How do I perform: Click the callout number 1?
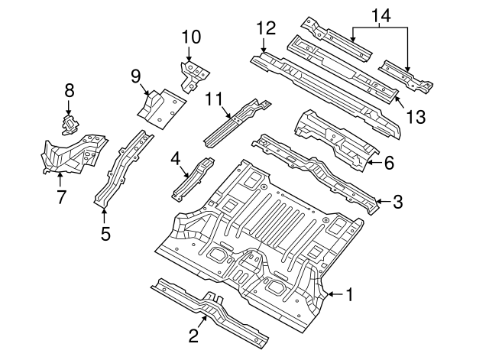pos(350,294)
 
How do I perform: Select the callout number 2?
pos(193,336)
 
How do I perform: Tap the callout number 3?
pos(397,202)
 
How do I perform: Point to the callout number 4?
pos(175,159)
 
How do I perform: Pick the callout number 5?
pos(105,232)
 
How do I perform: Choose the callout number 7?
pos(61,197)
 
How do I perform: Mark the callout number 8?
pos(69,90)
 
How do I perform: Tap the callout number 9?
pos(136,76)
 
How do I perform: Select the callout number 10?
pos(190,37)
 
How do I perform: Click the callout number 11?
pos(215,98)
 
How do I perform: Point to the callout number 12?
pos(265,28)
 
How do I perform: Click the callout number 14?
pos(380,15)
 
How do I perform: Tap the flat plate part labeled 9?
pos(160,106)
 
